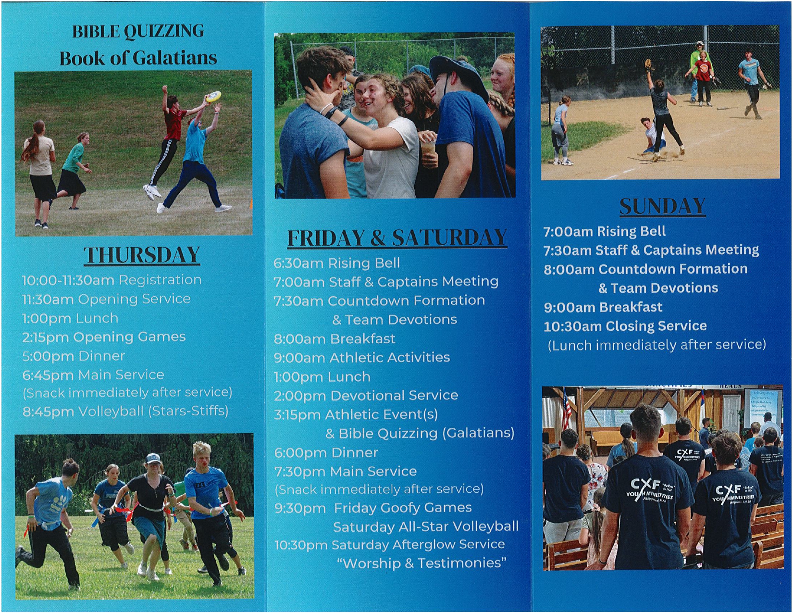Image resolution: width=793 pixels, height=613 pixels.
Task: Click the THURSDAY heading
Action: point(142,255)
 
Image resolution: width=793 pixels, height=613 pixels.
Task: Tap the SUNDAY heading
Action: point(662,206)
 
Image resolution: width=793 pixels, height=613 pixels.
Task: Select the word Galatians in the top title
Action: point(175,58)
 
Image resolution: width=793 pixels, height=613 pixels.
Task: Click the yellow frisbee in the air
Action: point(213,96)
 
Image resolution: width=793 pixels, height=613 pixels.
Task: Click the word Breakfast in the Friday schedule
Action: point(363,339)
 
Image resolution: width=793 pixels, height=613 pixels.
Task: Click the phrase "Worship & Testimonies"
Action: point(421,563)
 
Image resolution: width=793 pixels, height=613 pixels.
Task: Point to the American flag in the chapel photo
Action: point(567,412)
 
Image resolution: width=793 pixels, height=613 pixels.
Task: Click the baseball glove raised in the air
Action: point(648,64)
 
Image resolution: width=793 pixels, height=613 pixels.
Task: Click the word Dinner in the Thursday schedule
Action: point(101,356)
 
